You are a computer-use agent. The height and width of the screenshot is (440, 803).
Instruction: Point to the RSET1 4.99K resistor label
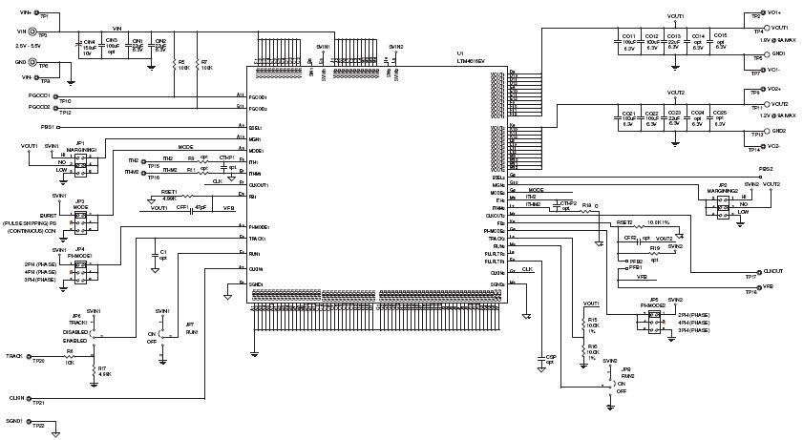coord(169,194)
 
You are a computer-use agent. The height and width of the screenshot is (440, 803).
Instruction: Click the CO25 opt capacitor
coord(719,116)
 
